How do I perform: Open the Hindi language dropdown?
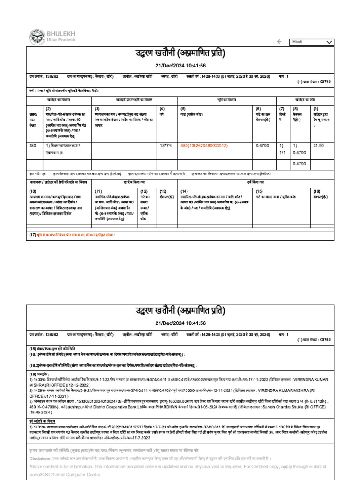(312, 42)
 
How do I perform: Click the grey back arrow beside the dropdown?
(280, 42)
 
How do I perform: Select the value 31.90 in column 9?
(319, 146)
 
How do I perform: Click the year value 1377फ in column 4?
(166, 146)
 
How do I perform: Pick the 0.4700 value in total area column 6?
(262, 146)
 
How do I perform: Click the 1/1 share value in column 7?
(282, 152)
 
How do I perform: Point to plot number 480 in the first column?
(33, 146)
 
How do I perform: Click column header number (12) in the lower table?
(144, 191)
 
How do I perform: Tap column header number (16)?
(317, 191)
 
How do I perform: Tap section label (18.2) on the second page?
(36, 364)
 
